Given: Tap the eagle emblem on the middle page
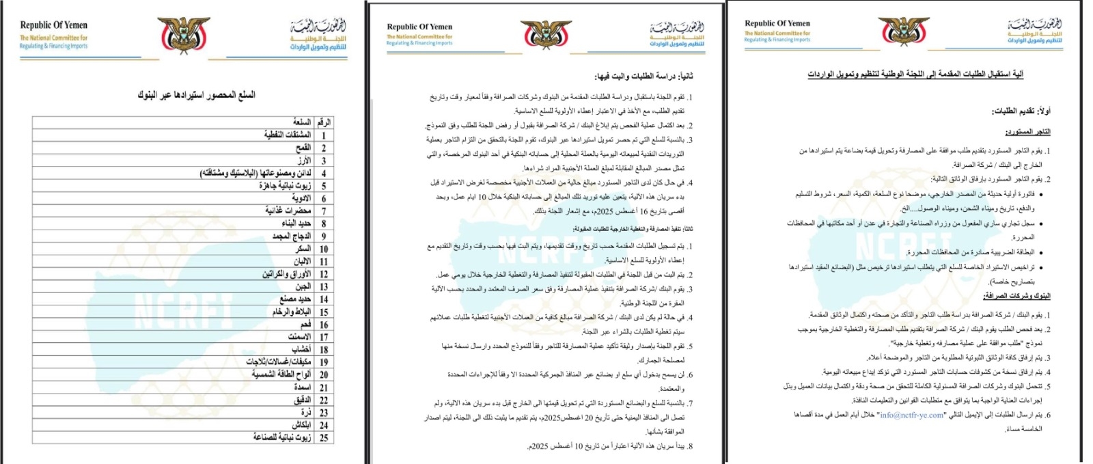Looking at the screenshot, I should pos(546,35).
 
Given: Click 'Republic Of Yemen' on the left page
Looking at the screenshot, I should pos(53,25).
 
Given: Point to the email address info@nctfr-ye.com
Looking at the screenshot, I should pos(911,415).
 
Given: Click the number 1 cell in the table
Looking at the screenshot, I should pos(324,135).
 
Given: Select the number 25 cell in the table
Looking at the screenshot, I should pos(324,437).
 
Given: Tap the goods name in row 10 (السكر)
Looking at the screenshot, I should pos(303,249).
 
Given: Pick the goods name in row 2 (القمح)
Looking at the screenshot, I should pos(303,148).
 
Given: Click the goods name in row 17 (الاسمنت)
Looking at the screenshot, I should pos(299,337).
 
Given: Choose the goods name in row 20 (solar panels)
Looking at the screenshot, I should pos(281,374).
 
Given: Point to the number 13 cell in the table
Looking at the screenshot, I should pos(324,286).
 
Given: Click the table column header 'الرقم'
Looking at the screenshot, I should pos(324,122).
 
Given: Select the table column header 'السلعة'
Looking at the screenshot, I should pos(301,122).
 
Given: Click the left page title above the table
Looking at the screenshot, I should pos(196,95).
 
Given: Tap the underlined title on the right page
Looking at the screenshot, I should pos(915,74).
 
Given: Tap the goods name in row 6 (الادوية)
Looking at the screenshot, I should pos(301,198).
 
